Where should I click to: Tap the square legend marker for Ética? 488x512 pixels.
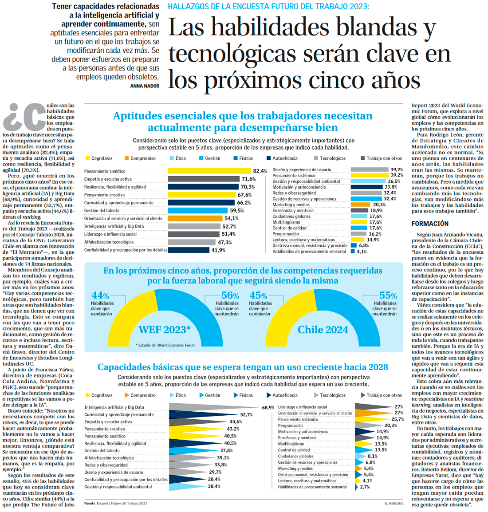click(172, 158)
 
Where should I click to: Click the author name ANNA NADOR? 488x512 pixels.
click(145, 86)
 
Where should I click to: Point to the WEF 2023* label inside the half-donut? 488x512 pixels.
click(165, 330)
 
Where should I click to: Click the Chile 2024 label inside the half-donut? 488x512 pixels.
click(323, 330)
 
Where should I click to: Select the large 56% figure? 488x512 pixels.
click(230, 295)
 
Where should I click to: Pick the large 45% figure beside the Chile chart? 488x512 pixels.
click(258, 295)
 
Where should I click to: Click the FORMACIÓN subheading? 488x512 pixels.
click(430, 224)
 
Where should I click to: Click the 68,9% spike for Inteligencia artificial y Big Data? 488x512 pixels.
click(213, 407)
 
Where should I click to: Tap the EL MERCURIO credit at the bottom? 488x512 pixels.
click(394, 504)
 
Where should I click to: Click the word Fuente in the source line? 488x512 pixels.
click(90, 504)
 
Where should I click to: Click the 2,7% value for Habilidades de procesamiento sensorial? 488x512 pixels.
click(365, 487)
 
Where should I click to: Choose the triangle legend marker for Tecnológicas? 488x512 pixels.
click(316, 395)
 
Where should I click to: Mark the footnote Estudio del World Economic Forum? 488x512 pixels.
click(166, 345)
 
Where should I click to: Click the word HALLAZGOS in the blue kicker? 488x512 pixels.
click(187, 7)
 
